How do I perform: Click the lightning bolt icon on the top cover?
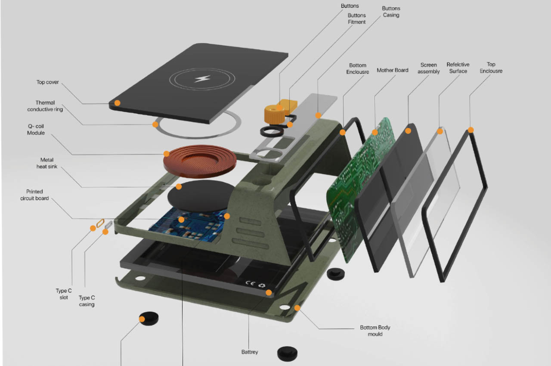[201, 79]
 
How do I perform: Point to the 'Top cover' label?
[47, 82]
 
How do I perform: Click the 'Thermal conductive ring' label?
[45, 106]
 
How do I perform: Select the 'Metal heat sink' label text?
[45, 163]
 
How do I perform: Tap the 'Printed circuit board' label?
[34, 195]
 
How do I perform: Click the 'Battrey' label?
[250, 352]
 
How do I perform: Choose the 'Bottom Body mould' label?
[375, 331]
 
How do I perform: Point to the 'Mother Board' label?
[392, 70]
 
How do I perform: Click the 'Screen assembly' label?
[428, 68]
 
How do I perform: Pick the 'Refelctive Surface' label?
[458, 68]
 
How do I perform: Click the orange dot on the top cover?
[117, 103]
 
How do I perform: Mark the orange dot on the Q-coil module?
[167, 153]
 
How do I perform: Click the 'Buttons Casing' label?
[391, 12]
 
